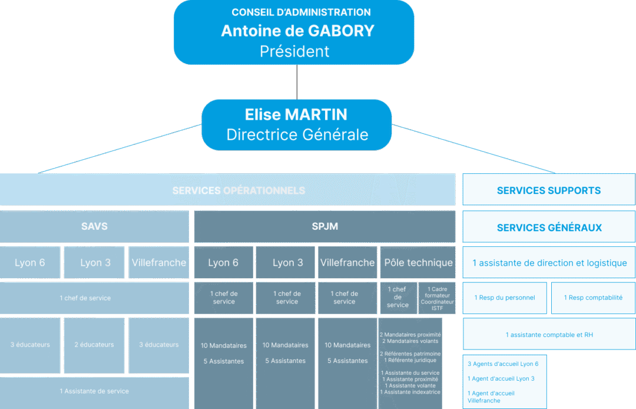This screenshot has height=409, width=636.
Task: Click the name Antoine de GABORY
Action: click(297, 31)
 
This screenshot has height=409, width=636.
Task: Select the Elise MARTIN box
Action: click(297, 124)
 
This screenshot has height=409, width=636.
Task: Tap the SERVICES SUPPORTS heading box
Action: click(549, 190)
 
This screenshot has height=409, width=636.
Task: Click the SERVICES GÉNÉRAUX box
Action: click(549, 227)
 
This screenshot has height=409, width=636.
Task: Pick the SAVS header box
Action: click(94, 226)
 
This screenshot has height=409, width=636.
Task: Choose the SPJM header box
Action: click(324, 226)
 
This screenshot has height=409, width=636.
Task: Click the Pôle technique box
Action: click(418, 263)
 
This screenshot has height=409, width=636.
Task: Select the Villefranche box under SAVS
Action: click(159, 263)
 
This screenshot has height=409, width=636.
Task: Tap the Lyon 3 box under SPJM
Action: click(287, 263)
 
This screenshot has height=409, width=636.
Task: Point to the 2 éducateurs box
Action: click(94, 345)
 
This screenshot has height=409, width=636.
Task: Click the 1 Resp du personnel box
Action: click(505, 298)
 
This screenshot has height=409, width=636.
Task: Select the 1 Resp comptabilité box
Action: click(593, 298)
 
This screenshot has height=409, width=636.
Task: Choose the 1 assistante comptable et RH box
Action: click(549, 335)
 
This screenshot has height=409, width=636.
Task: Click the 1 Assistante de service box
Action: click(94, 391)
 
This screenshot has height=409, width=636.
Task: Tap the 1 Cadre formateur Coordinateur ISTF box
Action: click(437, 298)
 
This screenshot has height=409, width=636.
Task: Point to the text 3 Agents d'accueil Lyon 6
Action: click(503, 364)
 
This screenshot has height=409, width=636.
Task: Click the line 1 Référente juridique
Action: click(410, 360)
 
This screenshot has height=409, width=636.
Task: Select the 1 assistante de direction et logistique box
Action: click(549, 263)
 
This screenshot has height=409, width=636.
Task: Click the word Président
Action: click(294, 51)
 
